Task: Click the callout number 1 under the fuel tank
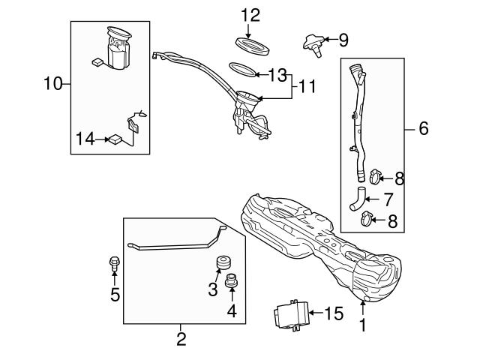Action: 362,326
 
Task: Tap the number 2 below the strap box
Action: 181,338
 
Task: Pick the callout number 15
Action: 334,313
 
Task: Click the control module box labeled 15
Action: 290,313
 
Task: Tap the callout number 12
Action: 250,14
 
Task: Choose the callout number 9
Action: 343,39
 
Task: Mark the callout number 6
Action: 423,129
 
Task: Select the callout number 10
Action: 52,83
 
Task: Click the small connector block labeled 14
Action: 116,138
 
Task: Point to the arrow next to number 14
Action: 101,138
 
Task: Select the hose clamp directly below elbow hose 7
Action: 367,220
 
